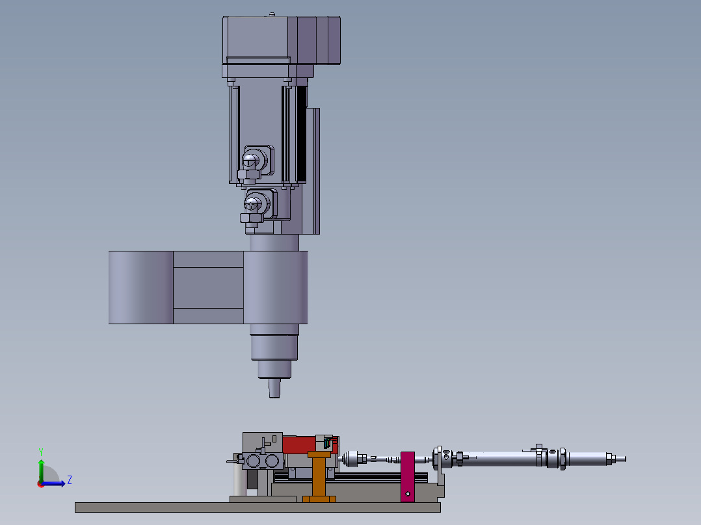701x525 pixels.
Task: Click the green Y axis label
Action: (41, 452)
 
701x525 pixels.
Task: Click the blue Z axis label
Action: (70, 480)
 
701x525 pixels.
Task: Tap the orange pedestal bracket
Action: (319, 477)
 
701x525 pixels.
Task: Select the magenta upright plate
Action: (407, 477)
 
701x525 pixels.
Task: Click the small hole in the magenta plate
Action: (408, 494)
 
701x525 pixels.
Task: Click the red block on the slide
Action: (300, 445)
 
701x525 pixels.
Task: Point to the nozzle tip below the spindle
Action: (274, 389)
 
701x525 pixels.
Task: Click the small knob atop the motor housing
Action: (272, 15)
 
